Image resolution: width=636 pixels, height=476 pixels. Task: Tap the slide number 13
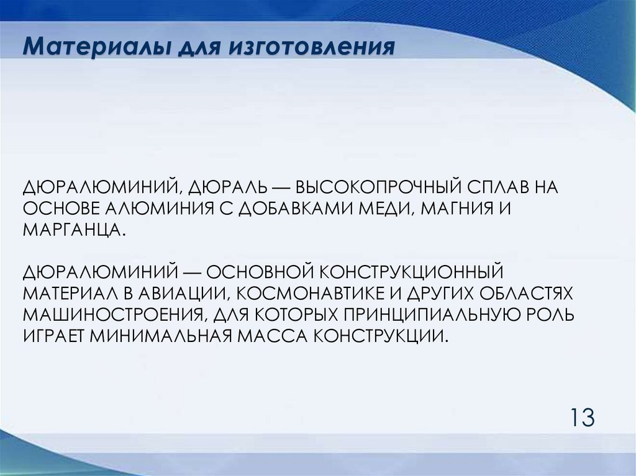click(580, 416)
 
